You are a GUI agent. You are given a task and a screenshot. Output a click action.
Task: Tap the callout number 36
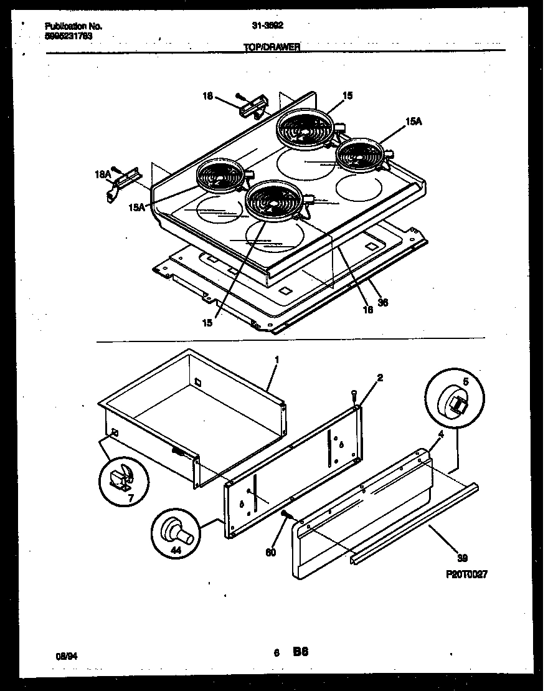click(383, 302)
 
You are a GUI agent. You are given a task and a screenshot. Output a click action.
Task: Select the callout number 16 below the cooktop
click(368, 310)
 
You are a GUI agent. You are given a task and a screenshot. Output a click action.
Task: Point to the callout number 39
click(461, 558)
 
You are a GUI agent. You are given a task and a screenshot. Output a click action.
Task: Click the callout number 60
click(270, 552)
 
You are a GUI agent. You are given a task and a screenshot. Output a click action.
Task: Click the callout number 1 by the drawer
click(276, 360)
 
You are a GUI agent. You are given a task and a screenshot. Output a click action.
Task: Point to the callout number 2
click(380, 378)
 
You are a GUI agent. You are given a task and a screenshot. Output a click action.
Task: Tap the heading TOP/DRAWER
click(272, 47)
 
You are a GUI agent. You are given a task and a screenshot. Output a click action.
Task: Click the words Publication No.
click(73, 27)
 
